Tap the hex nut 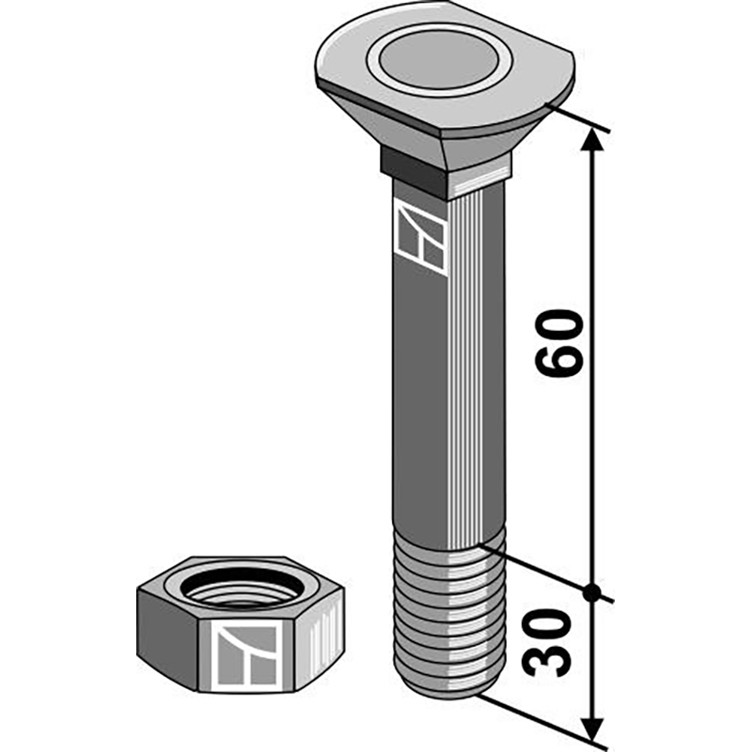[240, 625]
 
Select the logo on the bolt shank [419, 238]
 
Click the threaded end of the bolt [446, 620]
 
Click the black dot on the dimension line [591, 592]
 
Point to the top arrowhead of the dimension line [591, 139]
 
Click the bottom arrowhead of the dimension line [591, 728]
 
